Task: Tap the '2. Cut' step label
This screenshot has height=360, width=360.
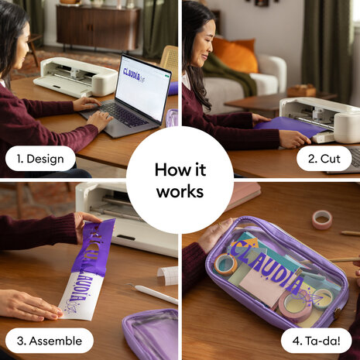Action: click(x=324, y=159)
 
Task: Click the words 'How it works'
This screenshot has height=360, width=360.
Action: click(x=180, y=180)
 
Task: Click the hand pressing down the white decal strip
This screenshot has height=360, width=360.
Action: click(x=27, y=304)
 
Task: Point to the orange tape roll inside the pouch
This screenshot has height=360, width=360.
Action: click(x=226, y=266)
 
